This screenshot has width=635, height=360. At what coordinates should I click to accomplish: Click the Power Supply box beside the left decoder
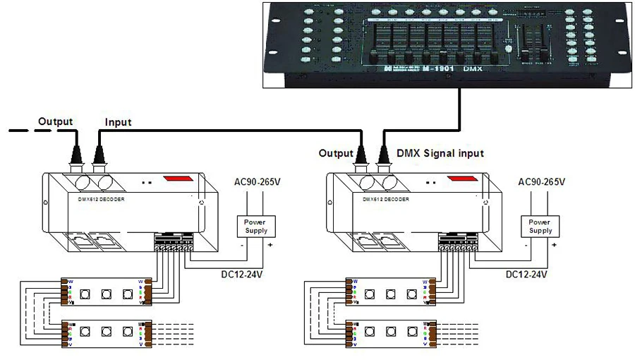point(256,227)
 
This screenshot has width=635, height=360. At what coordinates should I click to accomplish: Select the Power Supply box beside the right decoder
point(540,227)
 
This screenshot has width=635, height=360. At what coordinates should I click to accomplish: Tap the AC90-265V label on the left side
point(257,182)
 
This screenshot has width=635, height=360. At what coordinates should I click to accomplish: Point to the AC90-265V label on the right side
point(541,182)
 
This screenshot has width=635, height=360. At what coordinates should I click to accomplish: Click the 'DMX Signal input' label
point(440,152)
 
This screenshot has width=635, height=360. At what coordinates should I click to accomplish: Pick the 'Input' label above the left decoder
point(118,122)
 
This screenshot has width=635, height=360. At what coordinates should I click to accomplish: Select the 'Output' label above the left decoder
point(55,121)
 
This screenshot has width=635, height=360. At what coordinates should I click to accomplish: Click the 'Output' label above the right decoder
point(335,152)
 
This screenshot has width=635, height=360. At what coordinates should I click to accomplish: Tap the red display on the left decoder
point(177,179)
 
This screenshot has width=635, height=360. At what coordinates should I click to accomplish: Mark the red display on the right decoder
point(461,179)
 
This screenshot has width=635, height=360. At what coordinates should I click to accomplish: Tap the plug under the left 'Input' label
point(98,152)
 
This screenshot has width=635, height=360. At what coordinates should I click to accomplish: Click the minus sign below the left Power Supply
point(242,246)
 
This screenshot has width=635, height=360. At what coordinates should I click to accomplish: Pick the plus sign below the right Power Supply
point(555,246)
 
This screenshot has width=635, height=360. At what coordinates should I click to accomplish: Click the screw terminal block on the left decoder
point(173,244)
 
